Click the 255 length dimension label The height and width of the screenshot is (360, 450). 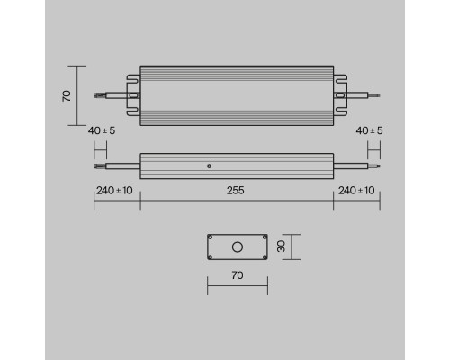pyautogui.click(x=236, y=191)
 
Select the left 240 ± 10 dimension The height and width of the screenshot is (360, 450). pyautogui.click(x=114, y=191)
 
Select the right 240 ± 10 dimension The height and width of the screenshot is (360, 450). pyautogui.click(x=357, y=191)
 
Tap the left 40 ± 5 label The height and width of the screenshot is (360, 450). pyautogui.click(x=102, y=130)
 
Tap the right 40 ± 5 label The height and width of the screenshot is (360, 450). pyautogui.click(x=370, y=130)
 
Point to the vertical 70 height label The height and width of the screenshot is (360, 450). pyautogui.click(x=67, y=94)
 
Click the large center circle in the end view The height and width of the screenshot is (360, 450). pyautogui.click(x=238, y=247)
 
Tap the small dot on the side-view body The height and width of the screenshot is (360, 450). pyautogui.click(x=209, y=166)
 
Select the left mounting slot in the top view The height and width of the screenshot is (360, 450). pyautogui.click(x=133, y=94)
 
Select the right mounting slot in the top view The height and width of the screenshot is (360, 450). pyautogui.click(x=340, y=94)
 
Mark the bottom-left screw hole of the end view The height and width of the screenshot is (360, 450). pyautogui.click(x=211, y=257)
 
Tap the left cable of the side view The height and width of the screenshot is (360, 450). pyautogui.click(x=117, y=166)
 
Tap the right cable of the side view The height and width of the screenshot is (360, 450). pyautogui.click(x=355, y=166)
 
